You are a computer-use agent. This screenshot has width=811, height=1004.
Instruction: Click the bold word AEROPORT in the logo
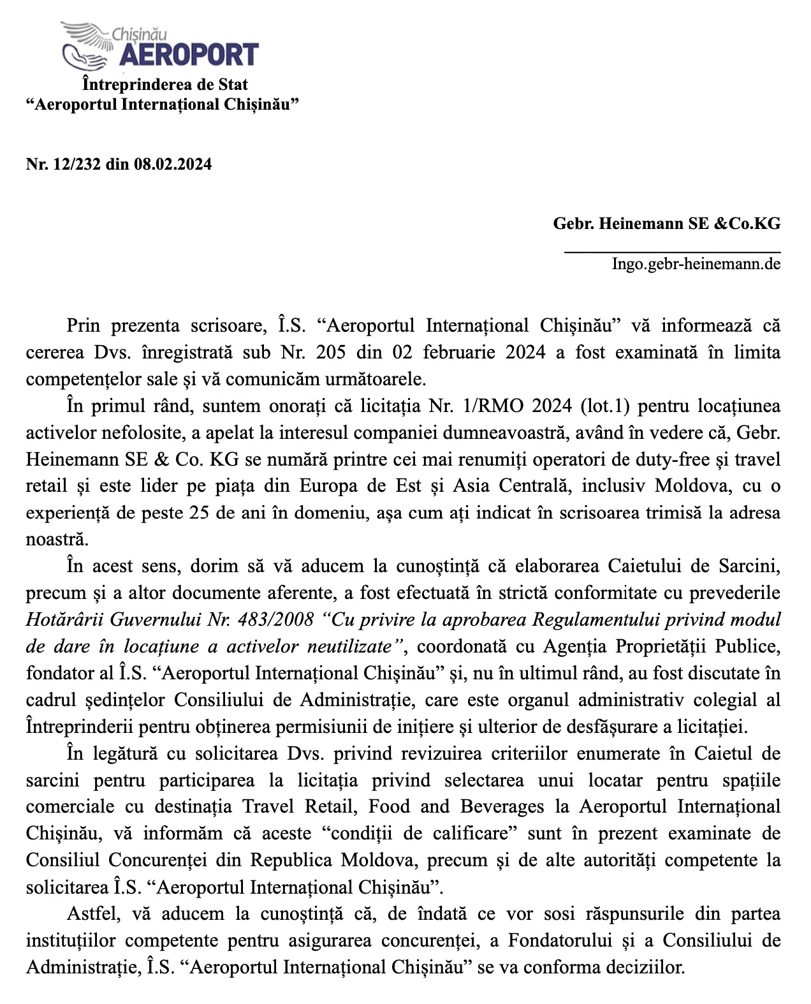point(189,55)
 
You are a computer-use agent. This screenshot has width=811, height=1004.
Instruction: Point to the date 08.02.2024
point(173,165)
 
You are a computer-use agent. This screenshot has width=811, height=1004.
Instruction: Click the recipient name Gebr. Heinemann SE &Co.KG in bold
point(666,224)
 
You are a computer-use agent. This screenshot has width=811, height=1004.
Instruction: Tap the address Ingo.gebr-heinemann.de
point(696,263)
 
